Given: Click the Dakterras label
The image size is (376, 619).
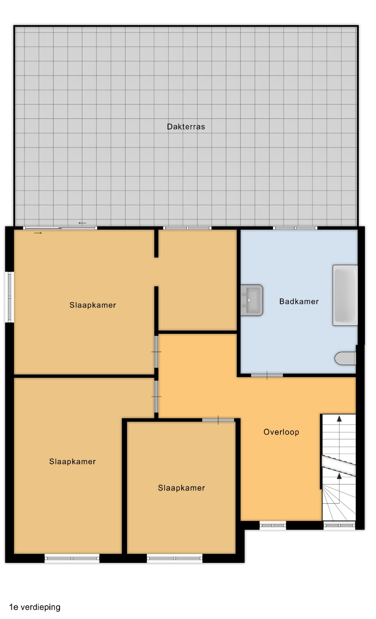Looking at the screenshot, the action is pyautogui.click(x=186, y=126).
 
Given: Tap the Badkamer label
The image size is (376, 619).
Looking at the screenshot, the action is pyautogui.click(x=299, y=301).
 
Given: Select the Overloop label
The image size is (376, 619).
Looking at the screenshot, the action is pyautogui.click(x=281, y=432).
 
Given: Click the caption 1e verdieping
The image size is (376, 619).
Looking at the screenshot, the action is pyautogui.click(x=35, y=607).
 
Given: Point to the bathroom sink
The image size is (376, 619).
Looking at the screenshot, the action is pyautogui.click(x=252, y=300).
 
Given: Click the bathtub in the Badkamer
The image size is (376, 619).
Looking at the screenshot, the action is pyautogui.click(x=345, y=295).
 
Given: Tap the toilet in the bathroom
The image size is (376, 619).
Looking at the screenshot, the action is pyautogui.click(x=345, y=358).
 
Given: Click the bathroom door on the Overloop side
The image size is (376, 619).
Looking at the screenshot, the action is pyautogui.click(x=267, y=375).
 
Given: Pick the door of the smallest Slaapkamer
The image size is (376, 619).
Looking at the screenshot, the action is pyautogui.click(x=218, y=420).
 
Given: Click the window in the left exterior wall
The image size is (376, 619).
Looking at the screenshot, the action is pyautogui.click(x=10, y=297).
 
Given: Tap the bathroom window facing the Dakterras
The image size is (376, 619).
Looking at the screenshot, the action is pyautogui.click(x=295, y=228).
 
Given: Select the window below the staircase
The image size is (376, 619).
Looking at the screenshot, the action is pyautogui.click(x=339, y=525).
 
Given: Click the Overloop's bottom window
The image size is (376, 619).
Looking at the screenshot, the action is pyautogui.click(x=272, y=525).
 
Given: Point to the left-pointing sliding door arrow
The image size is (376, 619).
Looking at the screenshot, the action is pyautogui.click(x=82, y=223).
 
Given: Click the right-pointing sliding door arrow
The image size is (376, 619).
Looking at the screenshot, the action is pyautogui.click(x=38, y=233).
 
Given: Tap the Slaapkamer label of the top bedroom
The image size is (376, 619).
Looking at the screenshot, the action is pyautogui.click(x=93, y=305).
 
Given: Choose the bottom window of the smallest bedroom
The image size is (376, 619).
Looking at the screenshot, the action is pyautogui.click(x=174, y=558).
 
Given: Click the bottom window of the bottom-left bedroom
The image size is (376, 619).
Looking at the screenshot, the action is pyautogui.click(x=72, y=558).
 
